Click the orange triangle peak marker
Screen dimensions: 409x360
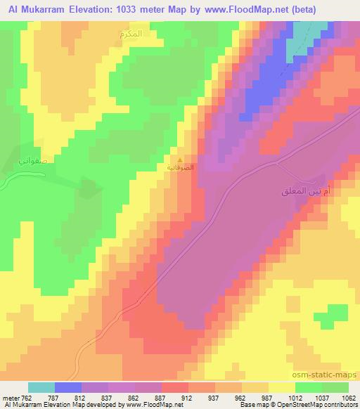181,160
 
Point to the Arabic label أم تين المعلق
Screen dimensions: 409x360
311,190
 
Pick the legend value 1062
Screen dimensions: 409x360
340,397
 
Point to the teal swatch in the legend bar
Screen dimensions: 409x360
41,387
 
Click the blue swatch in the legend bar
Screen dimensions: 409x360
68,387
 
